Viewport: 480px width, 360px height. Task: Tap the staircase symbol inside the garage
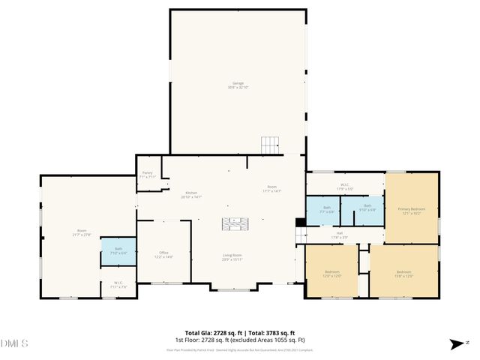tap(269, 145)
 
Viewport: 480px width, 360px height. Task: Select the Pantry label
tap(148, 175)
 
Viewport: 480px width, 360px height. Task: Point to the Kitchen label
tap(192, 195)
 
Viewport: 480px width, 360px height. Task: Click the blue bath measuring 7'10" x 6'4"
tap(118, 250)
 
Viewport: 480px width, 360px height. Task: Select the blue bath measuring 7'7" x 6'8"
tap(326, 209)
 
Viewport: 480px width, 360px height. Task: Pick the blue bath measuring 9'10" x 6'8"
tap(367, 208)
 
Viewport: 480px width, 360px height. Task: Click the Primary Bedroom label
tap(411, 211)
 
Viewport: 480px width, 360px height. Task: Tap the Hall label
tap(339, 235)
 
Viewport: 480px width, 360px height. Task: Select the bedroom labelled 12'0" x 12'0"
tap(331, 273)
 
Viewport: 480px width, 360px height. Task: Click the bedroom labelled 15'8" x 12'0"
tap(403, 274)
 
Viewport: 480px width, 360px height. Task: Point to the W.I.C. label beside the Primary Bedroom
tap(345, 186)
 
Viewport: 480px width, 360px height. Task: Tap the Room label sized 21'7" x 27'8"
tap(82, 232)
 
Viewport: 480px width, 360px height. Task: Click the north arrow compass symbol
tap(457, 343)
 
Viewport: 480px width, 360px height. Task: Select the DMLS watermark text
tap(15, 343)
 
